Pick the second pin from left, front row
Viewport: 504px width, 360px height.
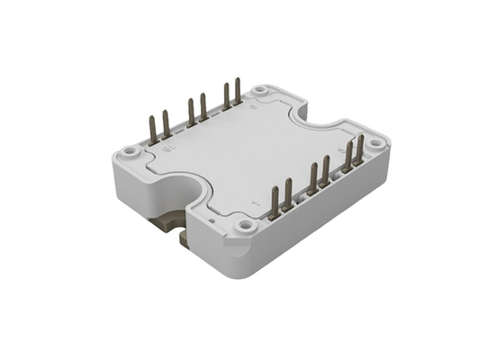pos(288,197)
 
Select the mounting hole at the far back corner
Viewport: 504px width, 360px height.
pos(260,91)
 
